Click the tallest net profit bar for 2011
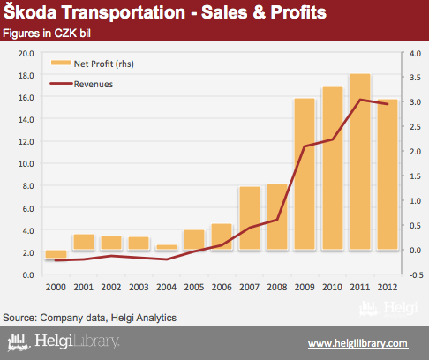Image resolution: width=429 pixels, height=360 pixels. [360, 161]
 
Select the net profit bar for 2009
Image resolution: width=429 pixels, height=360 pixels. [305, 174]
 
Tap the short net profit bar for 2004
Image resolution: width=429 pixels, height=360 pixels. [167, 247]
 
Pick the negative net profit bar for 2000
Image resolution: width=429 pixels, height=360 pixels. [56, 254]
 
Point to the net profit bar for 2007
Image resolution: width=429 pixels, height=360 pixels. [250, 218]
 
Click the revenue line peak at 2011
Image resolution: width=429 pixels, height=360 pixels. [360, 100]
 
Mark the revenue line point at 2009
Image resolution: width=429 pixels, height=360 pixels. [305, 146]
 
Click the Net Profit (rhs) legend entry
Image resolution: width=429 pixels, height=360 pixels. [93, 64]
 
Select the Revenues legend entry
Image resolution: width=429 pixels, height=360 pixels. [81, 84]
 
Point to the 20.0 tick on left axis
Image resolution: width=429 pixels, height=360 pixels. [26, 54]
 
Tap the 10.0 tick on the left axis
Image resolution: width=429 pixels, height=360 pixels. [26, 164]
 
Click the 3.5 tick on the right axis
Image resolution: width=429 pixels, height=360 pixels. [415, 78]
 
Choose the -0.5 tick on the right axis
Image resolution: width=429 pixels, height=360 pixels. [416, 275]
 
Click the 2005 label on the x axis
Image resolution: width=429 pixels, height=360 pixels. [194, 287]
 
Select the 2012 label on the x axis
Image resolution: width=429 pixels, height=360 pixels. [388, 287]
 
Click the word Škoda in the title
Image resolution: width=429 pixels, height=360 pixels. [30, 11]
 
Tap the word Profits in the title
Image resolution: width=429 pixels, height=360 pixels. [298, 12]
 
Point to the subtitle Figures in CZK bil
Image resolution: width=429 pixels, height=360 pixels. [47, 34]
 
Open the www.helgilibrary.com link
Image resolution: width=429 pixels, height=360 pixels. [358, 343]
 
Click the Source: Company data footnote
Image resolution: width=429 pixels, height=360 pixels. [90, 318]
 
